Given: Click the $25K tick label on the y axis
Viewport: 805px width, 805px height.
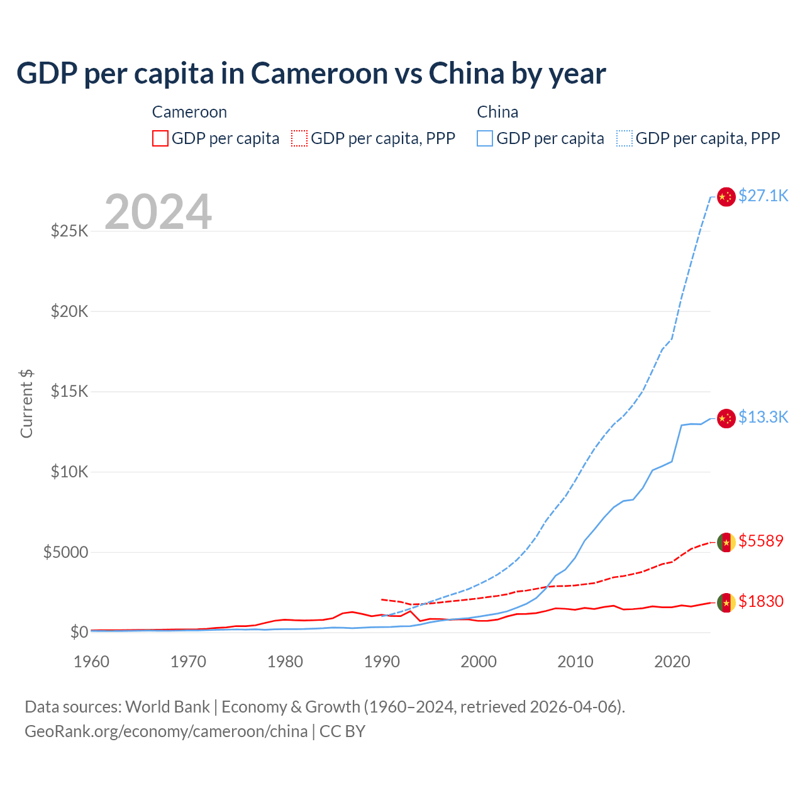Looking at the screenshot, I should pos(70,231).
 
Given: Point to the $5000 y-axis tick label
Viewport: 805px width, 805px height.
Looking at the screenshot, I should pos(65,552).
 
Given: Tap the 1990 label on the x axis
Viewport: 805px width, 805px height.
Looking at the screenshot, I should pos(382,662).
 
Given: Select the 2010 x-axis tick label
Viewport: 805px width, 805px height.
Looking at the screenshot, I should pos(575,662).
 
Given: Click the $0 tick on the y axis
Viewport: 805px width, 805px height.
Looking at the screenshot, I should pos(79,632).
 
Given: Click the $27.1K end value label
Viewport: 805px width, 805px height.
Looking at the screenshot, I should pos(763,196).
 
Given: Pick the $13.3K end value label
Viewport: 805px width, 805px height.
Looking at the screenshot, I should pos(763,417).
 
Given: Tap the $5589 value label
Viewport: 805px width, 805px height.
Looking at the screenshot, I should pos(761,541).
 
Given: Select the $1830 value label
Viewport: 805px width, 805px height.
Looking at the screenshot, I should pos(761,601).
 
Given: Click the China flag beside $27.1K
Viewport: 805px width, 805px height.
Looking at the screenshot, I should pos(726,197).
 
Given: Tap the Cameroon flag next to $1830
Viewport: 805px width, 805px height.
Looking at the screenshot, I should pos(726,602).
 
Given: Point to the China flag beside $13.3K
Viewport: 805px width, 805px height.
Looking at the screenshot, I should pos(726,418).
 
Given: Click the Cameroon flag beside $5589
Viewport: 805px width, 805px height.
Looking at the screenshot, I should pos(726,542).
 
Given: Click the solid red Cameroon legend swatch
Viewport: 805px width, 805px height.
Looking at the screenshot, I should pos(160,138).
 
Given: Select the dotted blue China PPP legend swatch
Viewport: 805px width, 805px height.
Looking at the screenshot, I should pos(625,138).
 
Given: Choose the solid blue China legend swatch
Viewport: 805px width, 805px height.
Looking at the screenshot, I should pos(485,138).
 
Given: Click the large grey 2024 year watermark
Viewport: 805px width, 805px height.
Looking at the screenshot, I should pos(158,212).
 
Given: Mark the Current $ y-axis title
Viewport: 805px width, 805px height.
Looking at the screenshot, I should pos(26,404).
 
